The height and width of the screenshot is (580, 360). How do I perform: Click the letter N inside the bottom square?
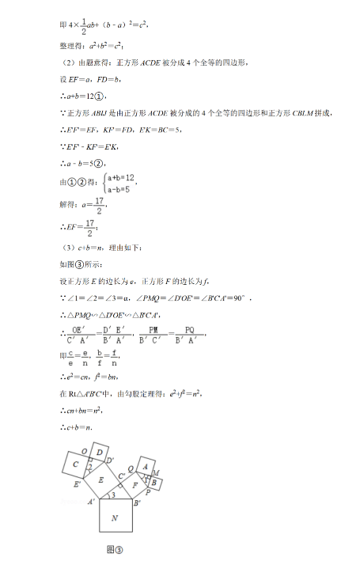pos(115,518)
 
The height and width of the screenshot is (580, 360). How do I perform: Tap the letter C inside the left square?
pos(75,464)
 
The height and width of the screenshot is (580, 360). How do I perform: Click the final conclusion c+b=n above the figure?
pos(76,427)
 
